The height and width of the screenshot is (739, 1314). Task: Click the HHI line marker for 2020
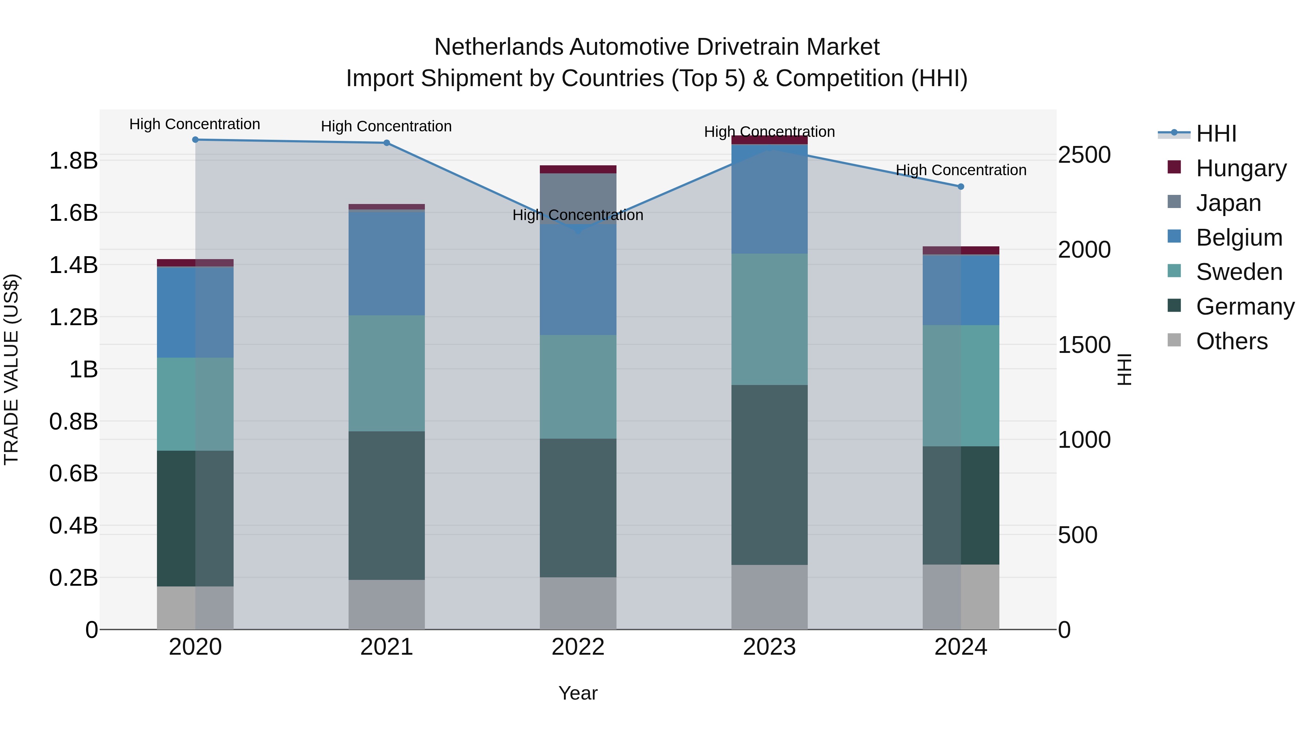pyautogui.click(x=195, y=140)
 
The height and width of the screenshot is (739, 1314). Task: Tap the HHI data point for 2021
pyautogui.click(x=387, y=143)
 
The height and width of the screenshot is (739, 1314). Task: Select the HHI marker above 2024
pyautogui.click(x=961, y=186)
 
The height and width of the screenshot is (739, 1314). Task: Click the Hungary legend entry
pyautogui.click(x=1241, y=168)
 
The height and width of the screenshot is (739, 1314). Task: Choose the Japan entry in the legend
pyautogui.click(x=1228, y=203)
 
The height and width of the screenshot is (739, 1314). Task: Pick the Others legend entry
pyautogui.click(x=1232, y=341)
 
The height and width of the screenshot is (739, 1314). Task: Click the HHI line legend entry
pyautogui.click(x=1216, y=134)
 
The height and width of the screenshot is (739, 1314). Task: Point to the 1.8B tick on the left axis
pyautogui.click(x=73, y=161)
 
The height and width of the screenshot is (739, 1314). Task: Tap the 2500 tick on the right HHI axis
pyautogui.click(x=1084, y=155)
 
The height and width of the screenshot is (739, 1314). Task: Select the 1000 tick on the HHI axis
pyautogui.click(x=1084, y=440)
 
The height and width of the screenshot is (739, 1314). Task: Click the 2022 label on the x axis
pyautogui.click(x=578, y=647)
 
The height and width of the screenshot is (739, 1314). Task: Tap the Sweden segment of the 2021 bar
pyautogui.click(x=387, y=373)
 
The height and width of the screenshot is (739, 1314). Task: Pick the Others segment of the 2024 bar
pyautogui.click(x=961, y=597)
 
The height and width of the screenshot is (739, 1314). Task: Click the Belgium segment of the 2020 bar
pyautogui.click(x=195, y=312)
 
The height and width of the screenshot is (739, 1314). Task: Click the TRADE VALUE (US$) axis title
pyautogui.click(x=11, y=369)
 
